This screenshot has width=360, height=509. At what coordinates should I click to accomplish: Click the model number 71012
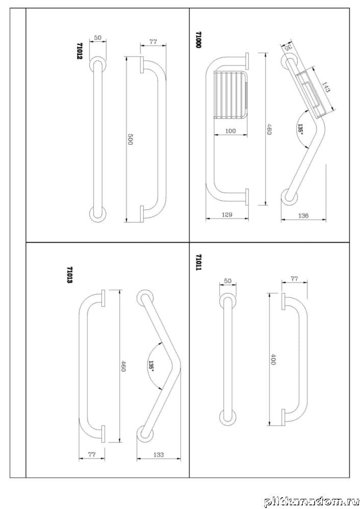79,51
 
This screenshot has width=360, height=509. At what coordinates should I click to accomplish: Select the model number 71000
198,39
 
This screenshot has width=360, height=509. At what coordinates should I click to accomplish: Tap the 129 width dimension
227,215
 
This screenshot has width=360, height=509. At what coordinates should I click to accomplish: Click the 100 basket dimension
230,131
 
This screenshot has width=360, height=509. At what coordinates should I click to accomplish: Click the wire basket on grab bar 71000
230,95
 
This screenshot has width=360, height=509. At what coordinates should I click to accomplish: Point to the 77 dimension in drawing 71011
294,279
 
